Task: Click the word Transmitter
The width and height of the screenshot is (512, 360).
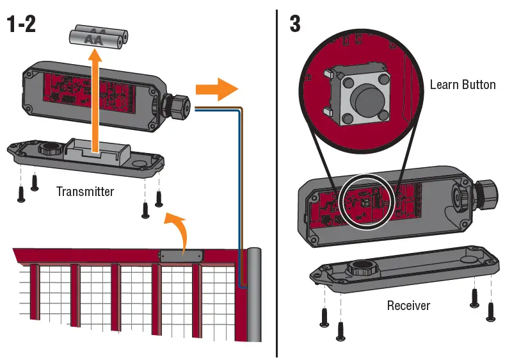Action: [x=85, y=191]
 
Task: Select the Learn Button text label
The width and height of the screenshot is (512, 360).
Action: [x=462, y=85]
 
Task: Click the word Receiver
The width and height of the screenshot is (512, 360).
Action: [x=408, y=306]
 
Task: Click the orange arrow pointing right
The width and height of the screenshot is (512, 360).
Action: [x=216, y=90]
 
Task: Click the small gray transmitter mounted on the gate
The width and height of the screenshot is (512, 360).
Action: [x=182, y=255]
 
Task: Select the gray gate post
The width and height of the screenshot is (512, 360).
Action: [x=254, y=295]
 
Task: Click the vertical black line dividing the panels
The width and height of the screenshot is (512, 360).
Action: [x=276, y=179]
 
